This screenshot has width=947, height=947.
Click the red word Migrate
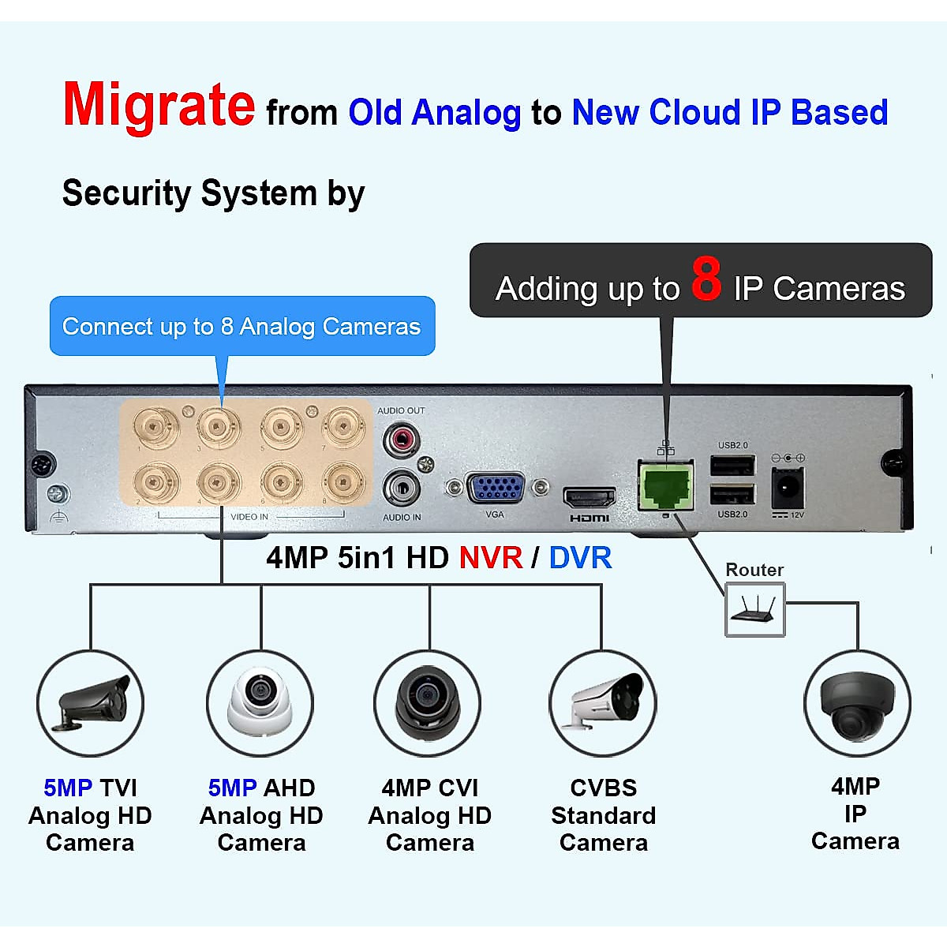tap(159, 106)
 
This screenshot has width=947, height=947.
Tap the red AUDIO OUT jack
tap(401, 439)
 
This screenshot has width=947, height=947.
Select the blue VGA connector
tap(495, 488)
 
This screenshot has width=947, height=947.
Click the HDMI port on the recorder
tap(589, 498)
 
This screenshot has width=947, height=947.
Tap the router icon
tap(755, 609)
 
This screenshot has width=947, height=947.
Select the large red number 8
tap(706, 280)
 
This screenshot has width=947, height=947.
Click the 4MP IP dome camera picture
tap(856, 704)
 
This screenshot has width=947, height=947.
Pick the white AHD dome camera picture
tap(260, 701)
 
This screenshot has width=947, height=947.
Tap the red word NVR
tap(491, 558)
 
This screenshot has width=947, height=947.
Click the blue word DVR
tap(580, 558)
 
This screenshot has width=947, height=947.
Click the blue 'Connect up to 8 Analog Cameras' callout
tap(241, 326)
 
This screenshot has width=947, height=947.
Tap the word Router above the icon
tap(754, 570)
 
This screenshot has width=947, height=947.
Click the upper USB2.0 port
tap(732, 466)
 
